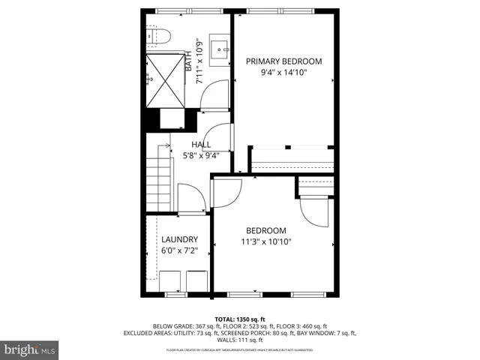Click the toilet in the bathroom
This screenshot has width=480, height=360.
pos(158,35)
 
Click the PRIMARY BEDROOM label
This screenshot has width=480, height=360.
pos(284,61)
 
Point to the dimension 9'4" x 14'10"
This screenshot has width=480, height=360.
pos(284,73)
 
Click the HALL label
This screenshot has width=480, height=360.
pos(201,145)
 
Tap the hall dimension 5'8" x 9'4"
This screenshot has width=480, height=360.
pos(201,157)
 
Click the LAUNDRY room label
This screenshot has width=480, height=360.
pos(179,240)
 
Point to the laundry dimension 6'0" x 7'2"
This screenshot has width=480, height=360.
pos(179,252)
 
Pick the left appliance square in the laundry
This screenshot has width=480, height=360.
pos(170,280)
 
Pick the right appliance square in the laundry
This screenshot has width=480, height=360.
pos(196,280)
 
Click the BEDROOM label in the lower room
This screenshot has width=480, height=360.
pos(265,230)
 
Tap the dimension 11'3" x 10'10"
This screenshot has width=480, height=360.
pos(265,241)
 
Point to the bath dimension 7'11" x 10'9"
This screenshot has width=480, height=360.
pos(199,61)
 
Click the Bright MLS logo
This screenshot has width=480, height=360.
pos(30,349)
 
